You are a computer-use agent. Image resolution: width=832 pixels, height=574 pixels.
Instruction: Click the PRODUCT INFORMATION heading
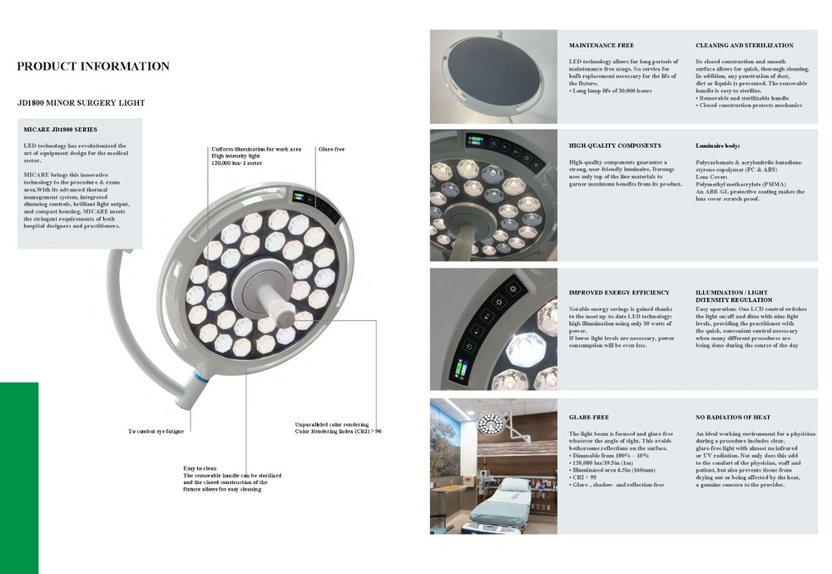[x=93, y=67]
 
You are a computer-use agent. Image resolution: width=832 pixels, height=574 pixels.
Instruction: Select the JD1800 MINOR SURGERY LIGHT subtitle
[x=81, y=103]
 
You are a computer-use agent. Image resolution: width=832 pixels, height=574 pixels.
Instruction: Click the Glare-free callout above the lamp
[x=331, y=149]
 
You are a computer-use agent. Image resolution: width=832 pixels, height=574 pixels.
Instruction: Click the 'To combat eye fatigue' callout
[x=156, y=431]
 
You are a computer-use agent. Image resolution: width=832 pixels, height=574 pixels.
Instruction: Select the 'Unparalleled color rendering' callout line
[x=332, y=424]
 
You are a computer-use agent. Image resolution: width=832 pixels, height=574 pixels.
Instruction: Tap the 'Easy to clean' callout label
[x=201, y=468]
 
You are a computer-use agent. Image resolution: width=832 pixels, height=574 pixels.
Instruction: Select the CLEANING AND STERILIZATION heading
[x=744, y=45]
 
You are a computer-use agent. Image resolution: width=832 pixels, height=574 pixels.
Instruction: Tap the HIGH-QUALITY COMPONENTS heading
[x=615, y=146]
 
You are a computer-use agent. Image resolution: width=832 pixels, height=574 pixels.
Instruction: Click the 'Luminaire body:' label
[x=717, y=146]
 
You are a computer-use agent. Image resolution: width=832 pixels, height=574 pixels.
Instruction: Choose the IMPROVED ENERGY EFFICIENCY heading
[x=619, y=293]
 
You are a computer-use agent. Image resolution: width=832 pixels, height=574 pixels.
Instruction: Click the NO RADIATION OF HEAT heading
[x=732, y=417]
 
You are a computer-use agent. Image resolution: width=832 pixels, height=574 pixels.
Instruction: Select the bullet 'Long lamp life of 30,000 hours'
[x=612, y=90]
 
